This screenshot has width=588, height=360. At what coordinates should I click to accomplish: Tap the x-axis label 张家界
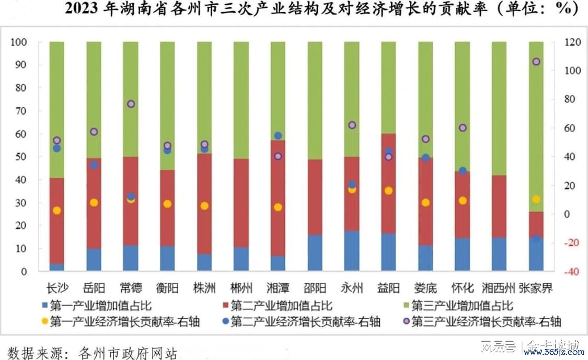536,287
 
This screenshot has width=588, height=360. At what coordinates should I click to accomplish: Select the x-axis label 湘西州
499,287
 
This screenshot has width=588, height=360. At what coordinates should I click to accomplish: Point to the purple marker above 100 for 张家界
536,62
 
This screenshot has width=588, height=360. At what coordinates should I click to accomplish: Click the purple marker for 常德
131,104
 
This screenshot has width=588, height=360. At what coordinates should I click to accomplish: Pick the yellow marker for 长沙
57,210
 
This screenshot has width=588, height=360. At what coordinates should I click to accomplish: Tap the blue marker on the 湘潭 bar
278,136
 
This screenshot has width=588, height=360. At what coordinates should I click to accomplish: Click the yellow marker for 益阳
388,191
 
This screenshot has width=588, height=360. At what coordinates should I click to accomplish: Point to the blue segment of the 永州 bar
351,251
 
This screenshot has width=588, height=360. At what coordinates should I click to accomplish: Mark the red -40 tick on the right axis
567,272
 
